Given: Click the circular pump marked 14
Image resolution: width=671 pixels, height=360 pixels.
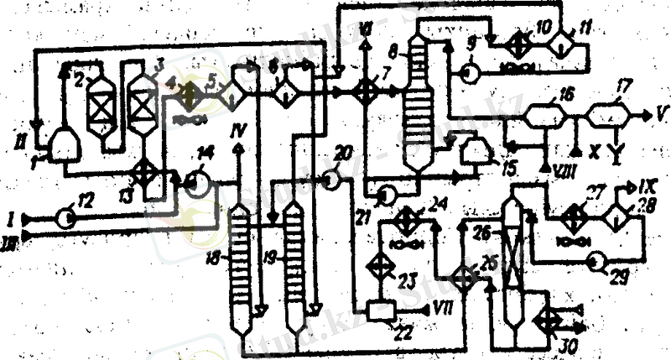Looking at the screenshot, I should (197, 180).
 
